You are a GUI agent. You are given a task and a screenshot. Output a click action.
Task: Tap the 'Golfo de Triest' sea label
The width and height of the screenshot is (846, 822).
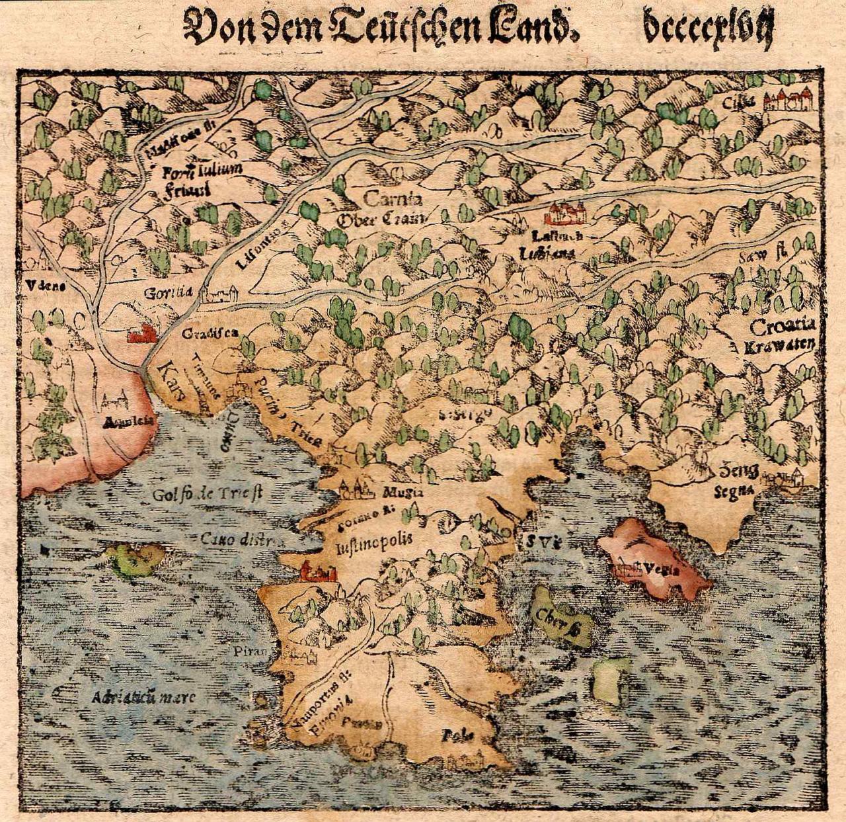[x=208, y=494]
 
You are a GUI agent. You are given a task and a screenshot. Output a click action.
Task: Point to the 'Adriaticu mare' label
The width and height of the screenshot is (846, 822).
[x=144, y=697]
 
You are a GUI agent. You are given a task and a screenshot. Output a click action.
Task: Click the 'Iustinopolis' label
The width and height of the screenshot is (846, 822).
[x=373, y=539]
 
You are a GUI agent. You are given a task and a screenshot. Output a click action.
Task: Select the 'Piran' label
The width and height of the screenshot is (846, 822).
[x=250, y=651]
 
